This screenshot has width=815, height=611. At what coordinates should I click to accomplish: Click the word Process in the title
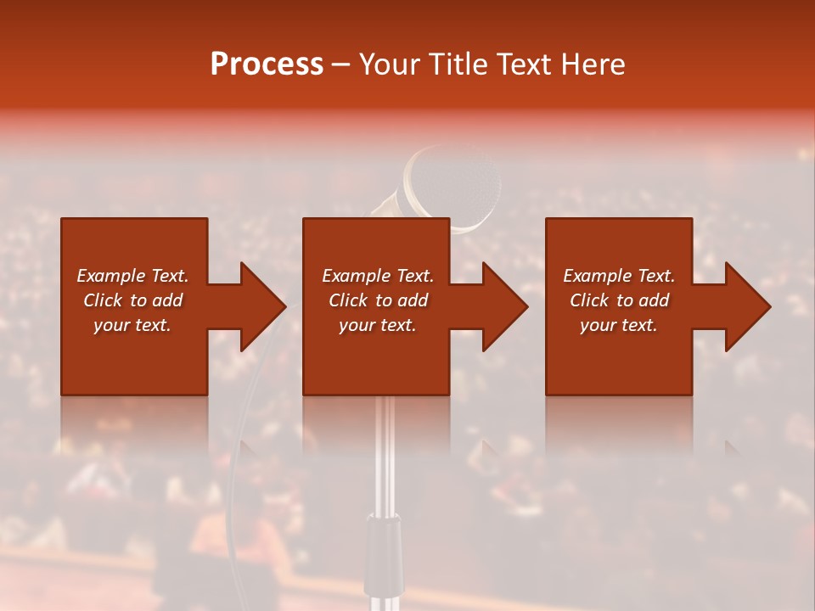coord(267,64)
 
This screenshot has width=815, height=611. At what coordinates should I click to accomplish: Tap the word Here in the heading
coord(591,64)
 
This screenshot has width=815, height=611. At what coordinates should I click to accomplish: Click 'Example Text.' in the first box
coord(132,276)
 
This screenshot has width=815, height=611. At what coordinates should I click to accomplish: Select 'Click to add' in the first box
coord(132,300)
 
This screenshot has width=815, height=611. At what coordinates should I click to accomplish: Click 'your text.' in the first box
coord(132,325)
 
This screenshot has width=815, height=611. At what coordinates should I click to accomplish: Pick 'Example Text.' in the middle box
coord(378,276)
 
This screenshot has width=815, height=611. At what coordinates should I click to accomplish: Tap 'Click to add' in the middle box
coord(378,300)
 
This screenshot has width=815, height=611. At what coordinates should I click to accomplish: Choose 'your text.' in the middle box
coord(378,325)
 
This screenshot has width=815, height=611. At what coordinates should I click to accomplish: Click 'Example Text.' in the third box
coord(619,276)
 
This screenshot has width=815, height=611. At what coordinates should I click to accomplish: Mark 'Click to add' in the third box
coord(619,300)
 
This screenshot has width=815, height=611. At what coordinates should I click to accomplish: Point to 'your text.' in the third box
coord(619,325)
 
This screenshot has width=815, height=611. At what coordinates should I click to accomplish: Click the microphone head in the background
coord(454,182)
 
